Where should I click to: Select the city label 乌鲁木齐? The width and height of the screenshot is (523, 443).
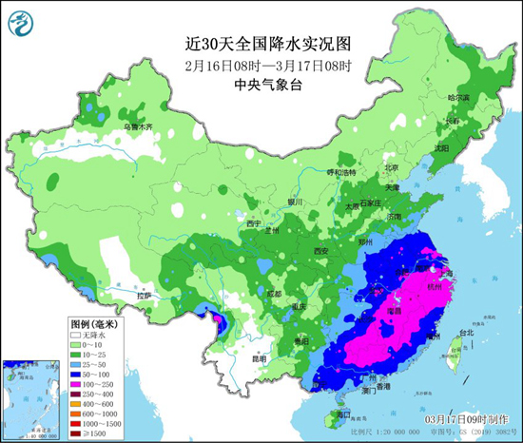(137, 126)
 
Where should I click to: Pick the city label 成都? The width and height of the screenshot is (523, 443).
(274, 293)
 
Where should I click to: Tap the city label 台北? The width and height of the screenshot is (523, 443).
(465, 333)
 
